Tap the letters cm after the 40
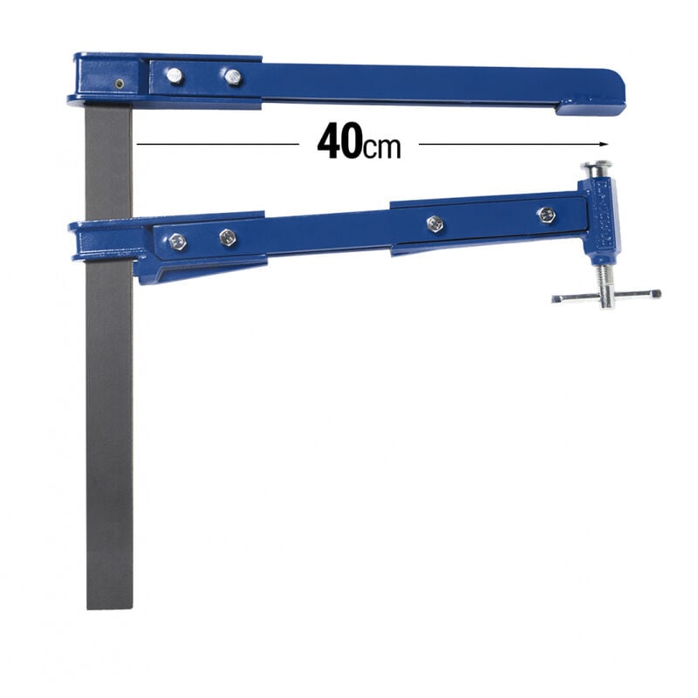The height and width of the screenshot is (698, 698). (382, 147)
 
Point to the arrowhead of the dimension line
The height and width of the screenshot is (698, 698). (603, 143)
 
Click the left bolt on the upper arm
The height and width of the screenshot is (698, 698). (174, 75)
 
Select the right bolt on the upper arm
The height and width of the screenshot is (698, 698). (232, 77)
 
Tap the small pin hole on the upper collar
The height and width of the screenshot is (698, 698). (119, 84)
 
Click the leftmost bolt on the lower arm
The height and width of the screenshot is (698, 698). (177, 242)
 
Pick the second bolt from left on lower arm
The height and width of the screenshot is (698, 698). (228, 236)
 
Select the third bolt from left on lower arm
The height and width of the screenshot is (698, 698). (435, 223)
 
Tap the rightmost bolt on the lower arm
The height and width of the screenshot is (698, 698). (546, 215)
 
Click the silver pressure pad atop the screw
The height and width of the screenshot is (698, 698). (596, 167)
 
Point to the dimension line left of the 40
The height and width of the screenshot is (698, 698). (218, 143)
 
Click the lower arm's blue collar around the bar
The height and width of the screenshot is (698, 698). (109, 239)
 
